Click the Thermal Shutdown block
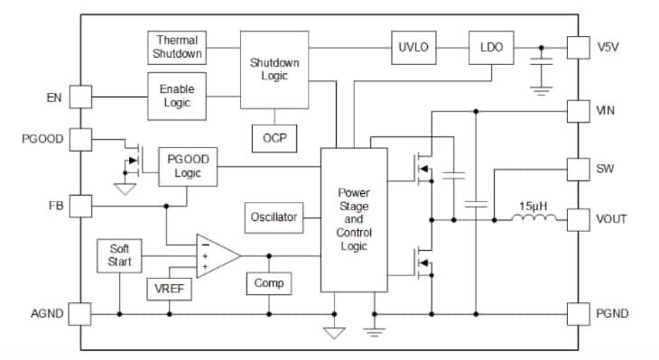tap(177, 48)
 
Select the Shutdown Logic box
tap(274, 69)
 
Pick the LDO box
tap(491, 47)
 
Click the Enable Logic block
tap(176, 97)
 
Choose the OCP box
tap(274, 137)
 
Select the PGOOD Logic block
tap(188, 167)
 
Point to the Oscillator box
tap(274, 217)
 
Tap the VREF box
tap(169, 288)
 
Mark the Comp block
tap(268, 283)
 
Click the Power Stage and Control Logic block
tap(354, 219)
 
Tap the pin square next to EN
tap(80, 97)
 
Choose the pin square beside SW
tap(578, 170)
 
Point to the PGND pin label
tap(613, 314)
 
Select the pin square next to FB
tap(80, 206)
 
